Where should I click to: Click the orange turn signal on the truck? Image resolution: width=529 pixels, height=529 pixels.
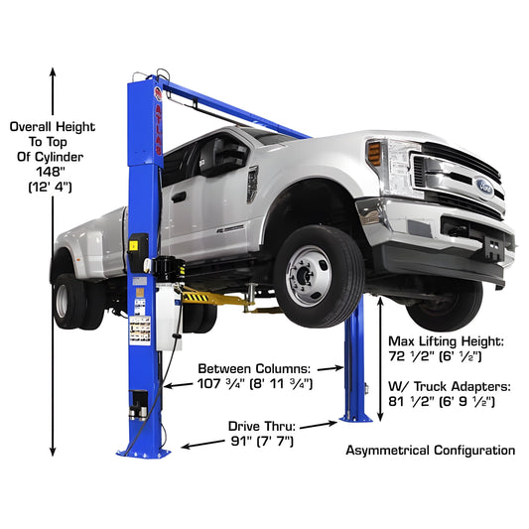coord(374,152)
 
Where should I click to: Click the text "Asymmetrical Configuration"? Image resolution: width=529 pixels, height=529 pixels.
coord(430,450)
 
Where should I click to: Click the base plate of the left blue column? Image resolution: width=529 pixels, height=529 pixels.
coord(144,450)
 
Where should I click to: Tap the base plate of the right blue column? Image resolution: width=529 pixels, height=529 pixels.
coord(354,417)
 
